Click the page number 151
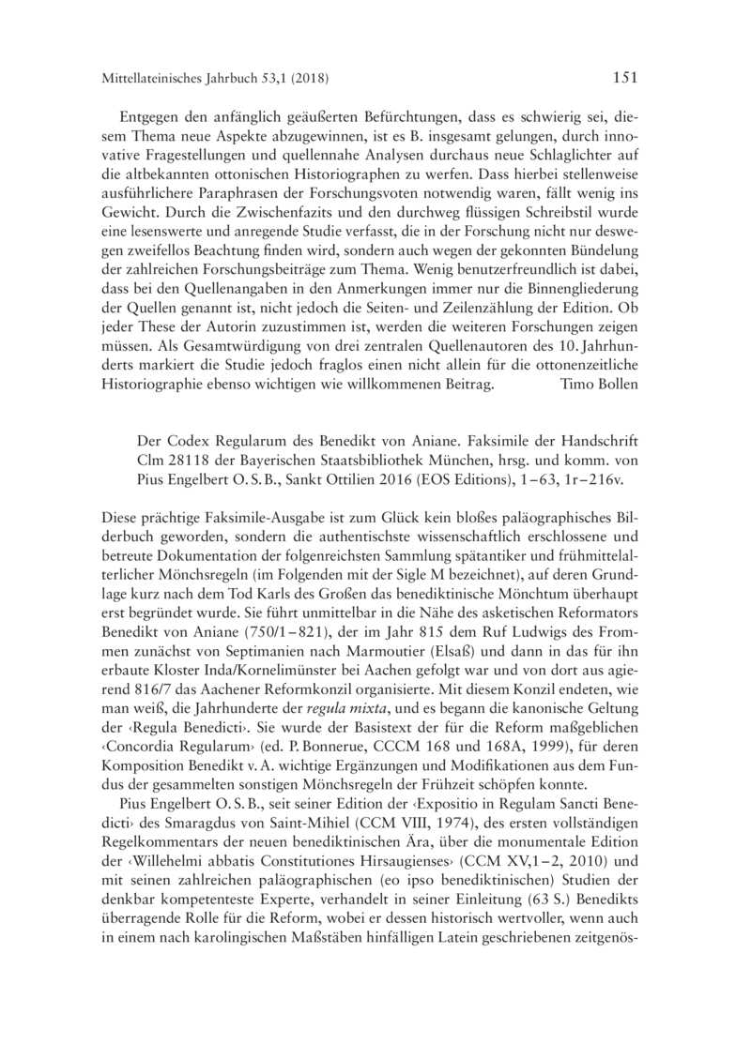coord(626,77)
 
